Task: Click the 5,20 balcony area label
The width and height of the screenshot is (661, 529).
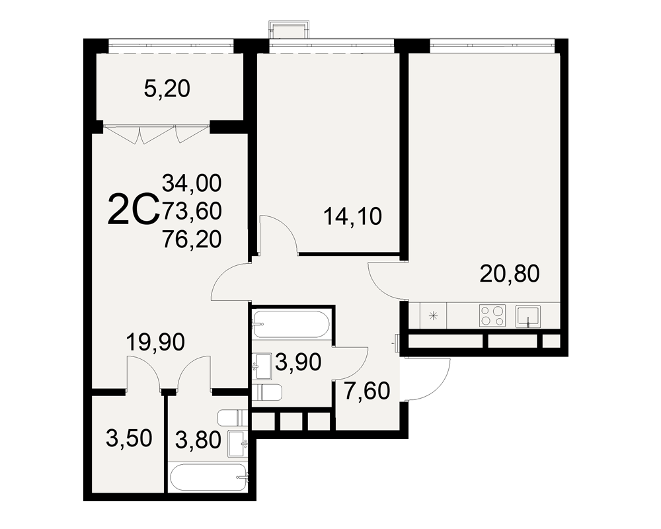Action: tap(167, 89)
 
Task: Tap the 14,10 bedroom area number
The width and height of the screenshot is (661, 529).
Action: tap(352, 216)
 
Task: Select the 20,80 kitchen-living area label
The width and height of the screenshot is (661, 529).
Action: tap(510, 274)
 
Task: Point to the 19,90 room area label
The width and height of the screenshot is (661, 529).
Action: tap(155, 342)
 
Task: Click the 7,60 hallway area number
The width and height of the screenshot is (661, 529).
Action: tap(367, 391)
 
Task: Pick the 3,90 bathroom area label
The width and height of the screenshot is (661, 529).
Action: tap(298, 362)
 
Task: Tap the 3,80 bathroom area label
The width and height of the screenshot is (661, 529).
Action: tap(198, 440)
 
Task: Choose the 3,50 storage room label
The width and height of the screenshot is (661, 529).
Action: tap(129, 438)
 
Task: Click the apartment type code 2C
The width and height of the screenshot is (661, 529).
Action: tap(134, 209)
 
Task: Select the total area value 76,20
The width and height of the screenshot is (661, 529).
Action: tap(192, 239)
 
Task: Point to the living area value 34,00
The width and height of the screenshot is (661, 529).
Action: tap(192, 183)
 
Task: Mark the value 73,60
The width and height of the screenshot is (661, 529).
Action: tap(192, 211)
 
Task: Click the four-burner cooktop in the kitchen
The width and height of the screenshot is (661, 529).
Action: tap(492, 315)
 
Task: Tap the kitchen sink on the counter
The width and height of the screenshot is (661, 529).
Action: tap(527, 316)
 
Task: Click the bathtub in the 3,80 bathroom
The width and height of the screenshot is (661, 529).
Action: tap(208, 477)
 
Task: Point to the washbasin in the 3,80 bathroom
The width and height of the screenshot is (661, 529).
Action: tap(238, 443)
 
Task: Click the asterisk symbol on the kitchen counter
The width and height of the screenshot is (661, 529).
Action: tap(434, 315)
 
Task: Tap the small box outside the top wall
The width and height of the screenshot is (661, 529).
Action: tap(290, 30)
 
